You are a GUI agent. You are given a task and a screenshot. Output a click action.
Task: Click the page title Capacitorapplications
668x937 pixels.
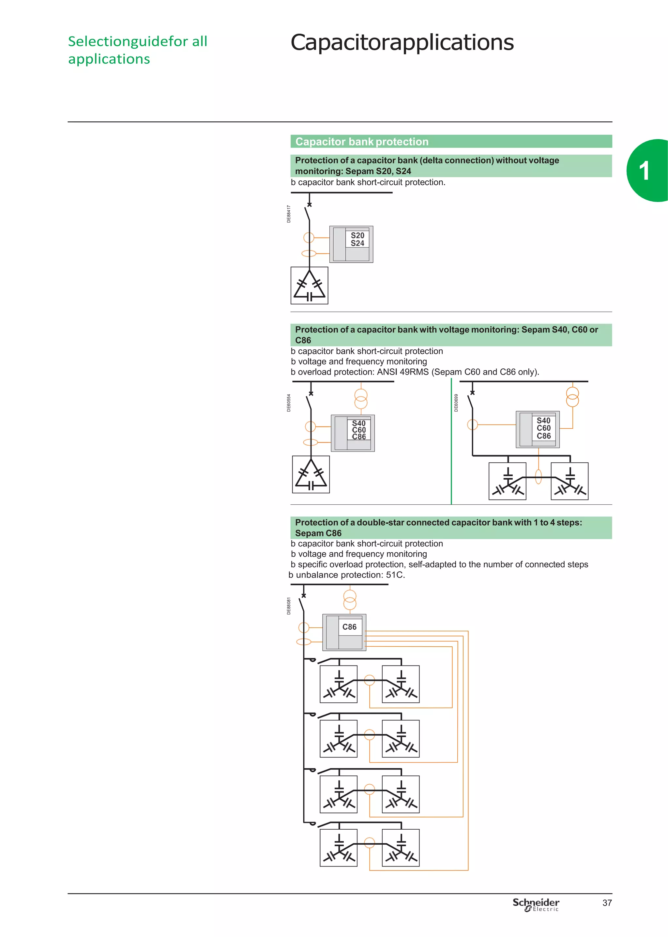click(402, 42)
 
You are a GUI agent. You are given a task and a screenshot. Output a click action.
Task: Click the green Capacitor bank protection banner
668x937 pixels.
click(451, 142)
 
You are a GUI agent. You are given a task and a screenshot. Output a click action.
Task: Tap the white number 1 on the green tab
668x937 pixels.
click(644, 171)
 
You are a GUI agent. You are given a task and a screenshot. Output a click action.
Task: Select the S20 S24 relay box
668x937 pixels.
click(351, 244)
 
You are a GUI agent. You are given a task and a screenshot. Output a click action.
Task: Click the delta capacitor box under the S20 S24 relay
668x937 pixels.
click(309, 285)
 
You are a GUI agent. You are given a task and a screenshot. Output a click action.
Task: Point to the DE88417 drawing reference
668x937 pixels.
click(289, 214)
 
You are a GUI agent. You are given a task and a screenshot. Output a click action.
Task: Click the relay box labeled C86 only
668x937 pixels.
click(344, 632)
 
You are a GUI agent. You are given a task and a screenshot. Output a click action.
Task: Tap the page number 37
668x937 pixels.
click(607, 903)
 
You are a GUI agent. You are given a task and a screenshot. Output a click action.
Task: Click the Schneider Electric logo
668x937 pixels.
click(536, 904)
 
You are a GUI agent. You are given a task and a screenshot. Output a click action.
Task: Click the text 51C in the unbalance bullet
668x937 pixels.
click(394, 575)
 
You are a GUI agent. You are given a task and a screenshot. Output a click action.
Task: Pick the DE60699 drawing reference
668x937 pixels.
click(456, 403)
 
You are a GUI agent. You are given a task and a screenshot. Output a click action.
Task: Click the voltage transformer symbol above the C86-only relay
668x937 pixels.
click(350, 600)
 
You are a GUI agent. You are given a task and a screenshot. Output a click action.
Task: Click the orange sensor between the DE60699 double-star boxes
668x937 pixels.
click(539, 477)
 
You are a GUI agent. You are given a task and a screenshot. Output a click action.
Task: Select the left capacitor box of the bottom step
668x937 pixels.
click(339, 848)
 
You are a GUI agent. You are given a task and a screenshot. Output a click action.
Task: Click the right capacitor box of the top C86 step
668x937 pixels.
click(401, 684)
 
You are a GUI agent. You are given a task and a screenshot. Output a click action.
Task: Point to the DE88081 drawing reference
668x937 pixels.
click(289, 606)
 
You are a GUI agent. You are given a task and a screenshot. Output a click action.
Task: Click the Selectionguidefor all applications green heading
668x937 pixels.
click(137, 50)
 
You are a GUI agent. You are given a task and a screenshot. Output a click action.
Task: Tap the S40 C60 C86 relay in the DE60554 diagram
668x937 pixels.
click(353, 433)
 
